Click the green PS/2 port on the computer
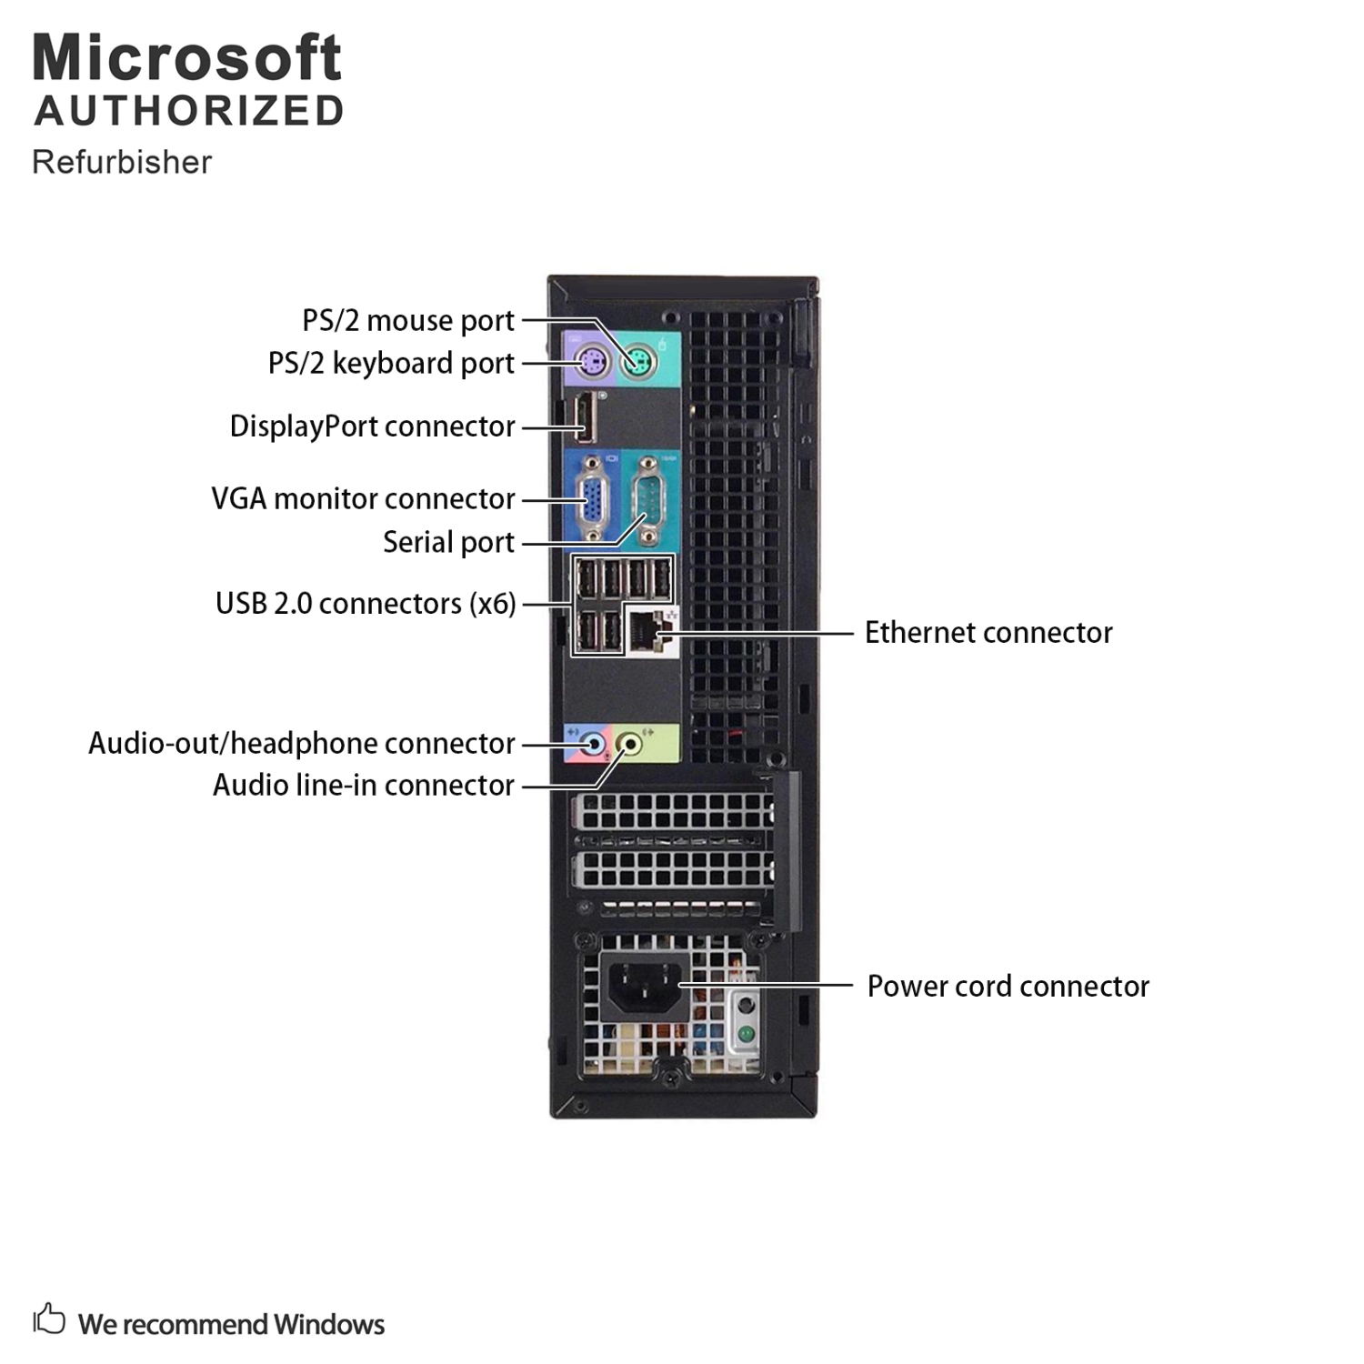pos(638,364)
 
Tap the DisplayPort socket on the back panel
pos(582,425)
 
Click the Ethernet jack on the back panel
pos(647,629)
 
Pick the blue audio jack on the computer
pos(593,745)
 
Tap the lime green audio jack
pos(630,745)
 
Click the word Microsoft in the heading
pos(187,58)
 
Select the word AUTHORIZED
pos(189,111)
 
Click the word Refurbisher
pos(122,162)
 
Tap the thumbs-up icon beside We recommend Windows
pos(49,1319)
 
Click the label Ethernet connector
pos(988,633)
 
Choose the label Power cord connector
pos(1008,987)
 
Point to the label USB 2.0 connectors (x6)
pos(366,604)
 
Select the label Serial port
pos(448,542)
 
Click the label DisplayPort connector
pos(372,426)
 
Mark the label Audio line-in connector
pos(363,785)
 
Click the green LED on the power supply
pos(746,1034)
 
